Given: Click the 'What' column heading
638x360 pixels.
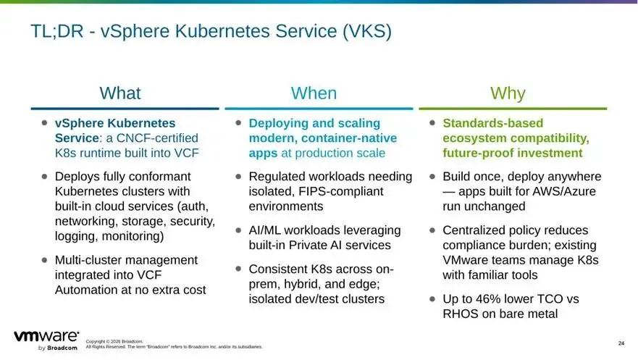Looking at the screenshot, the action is pos(120,93).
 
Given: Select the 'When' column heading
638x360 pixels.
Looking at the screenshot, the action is pos(314,93).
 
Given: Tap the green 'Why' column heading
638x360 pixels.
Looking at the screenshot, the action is pos(508,93).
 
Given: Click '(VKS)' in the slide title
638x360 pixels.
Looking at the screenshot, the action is pos(367,31).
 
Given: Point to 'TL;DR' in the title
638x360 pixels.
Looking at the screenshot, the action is pos(56,31).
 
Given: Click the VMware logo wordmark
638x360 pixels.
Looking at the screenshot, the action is pos(46,336).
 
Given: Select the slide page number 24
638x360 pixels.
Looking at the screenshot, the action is pos(621,343).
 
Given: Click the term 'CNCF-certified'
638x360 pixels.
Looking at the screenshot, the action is pos(157,138).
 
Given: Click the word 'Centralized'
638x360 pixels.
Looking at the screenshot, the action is pos(474,230).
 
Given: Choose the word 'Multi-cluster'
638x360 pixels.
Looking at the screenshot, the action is pos(91,260).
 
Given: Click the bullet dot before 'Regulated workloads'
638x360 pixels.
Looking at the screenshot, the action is pos(238,177).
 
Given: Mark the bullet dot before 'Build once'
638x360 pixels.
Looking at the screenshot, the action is pos(432,177).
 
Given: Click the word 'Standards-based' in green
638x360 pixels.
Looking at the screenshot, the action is pos(492,123).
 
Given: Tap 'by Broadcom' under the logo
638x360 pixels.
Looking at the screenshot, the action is pos(57,348).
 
